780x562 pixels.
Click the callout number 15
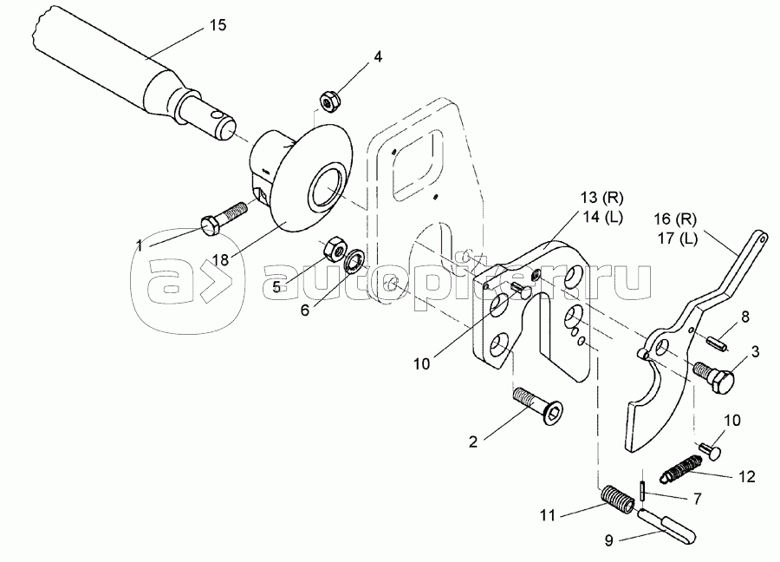pos(218,25)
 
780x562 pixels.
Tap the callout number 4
pos(378,56)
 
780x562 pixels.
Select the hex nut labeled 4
pos(328,101)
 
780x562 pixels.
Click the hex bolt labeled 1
pos(223,218)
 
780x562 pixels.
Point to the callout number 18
pos(221,259)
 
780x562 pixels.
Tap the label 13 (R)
pos(601,198)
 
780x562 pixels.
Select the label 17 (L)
pos(677,239)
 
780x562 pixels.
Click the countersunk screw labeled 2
pos(536,406)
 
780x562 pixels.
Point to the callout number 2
pos(473,441)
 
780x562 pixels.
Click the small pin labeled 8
pos(718,343)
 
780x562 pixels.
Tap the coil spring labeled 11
pos(617,500)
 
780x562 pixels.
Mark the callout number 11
pos(547,514)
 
